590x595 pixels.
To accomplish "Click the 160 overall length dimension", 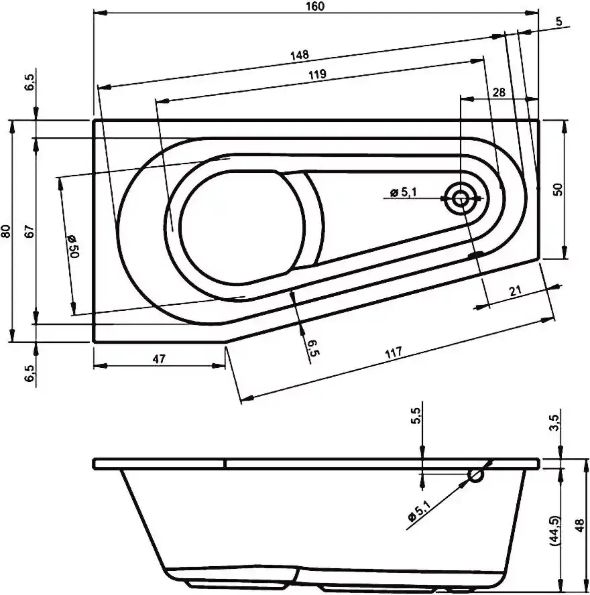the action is (315, 7).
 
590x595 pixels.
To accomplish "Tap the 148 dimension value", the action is (300, 56).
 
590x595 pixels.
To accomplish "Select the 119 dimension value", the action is (317, 74).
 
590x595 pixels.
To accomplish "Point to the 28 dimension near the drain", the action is (499, 92).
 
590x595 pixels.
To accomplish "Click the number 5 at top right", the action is (559, 21).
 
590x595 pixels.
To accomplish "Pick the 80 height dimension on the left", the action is (7, 230).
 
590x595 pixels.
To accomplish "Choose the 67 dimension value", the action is (29, 230).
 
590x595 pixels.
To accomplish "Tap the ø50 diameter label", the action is (72, 246).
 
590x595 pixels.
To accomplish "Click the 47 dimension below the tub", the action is (159, 358).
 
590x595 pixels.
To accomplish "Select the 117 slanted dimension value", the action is (394, 353).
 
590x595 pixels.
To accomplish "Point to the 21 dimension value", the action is (515, 291).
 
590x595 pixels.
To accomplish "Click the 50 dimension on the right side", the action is (558, 190).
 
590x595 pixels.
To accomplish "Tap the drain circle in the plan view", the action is (461, 198).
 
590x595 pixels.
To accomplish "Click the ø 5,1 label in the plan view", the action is (403, 192).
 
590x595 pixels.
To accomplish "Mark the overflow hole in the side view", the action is (476, 476).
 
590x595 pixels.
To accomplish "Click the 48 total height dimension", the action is (580, 525).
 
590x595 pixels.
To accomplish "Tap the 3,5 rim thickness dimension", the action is (555, 422).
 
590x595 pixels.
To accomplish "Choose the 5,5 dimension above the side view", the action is (416, 415).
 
